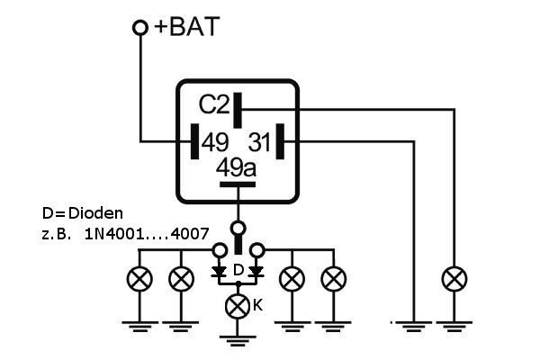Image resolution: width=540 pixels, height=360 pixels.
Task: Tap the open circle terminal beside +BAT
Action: pyautogui.click(x=140, y=28)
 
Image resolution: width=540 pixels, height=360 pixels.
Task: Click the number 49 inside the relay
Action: pyautogui.click(x=215, y=141)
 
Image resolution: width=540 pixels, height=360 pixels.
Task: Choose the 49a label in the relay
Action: pyautogui.click(x=237, y=168)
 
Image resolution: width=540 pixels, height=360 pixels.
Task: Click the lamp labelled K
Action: pyautogui.click(x=238, y=305)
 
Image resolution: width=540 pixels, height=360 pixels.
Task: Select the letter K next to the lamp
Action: pyautogui.click(x=257, y=305)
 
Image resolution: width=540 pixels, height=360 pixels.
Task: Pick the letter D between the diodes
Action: pyautogui.click(x=238, y=270)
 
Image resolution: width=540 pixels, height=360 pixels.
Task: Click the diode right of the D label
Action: pyautogui.click(x=256, y=270)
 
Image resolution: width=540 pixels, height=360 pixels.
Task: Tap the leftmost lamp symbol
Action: pyautogui.click(x=141, y=278)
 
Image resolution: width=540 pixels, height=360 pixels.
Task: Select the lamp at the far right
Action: pyautogui.click(x=454, y=278)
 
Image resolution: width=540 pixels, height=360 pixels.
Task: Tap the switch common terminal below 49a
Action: pyautogui.click(x=238, y=227)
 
